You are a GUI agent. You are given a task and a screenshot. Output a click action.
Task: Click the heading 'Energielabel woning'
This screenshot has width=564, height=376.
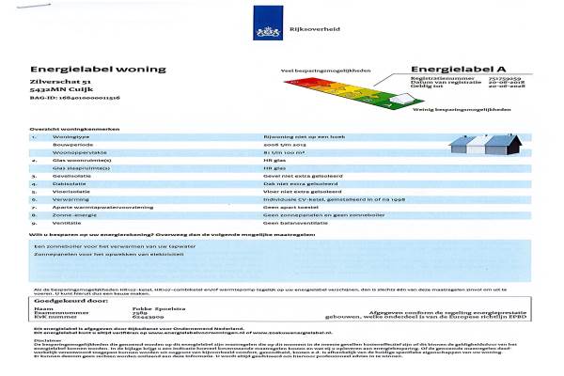[86, 69]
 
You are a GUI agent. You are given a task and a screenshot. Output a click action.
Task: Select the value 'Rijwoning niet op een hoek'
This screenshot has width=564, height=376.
[298, 136]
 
